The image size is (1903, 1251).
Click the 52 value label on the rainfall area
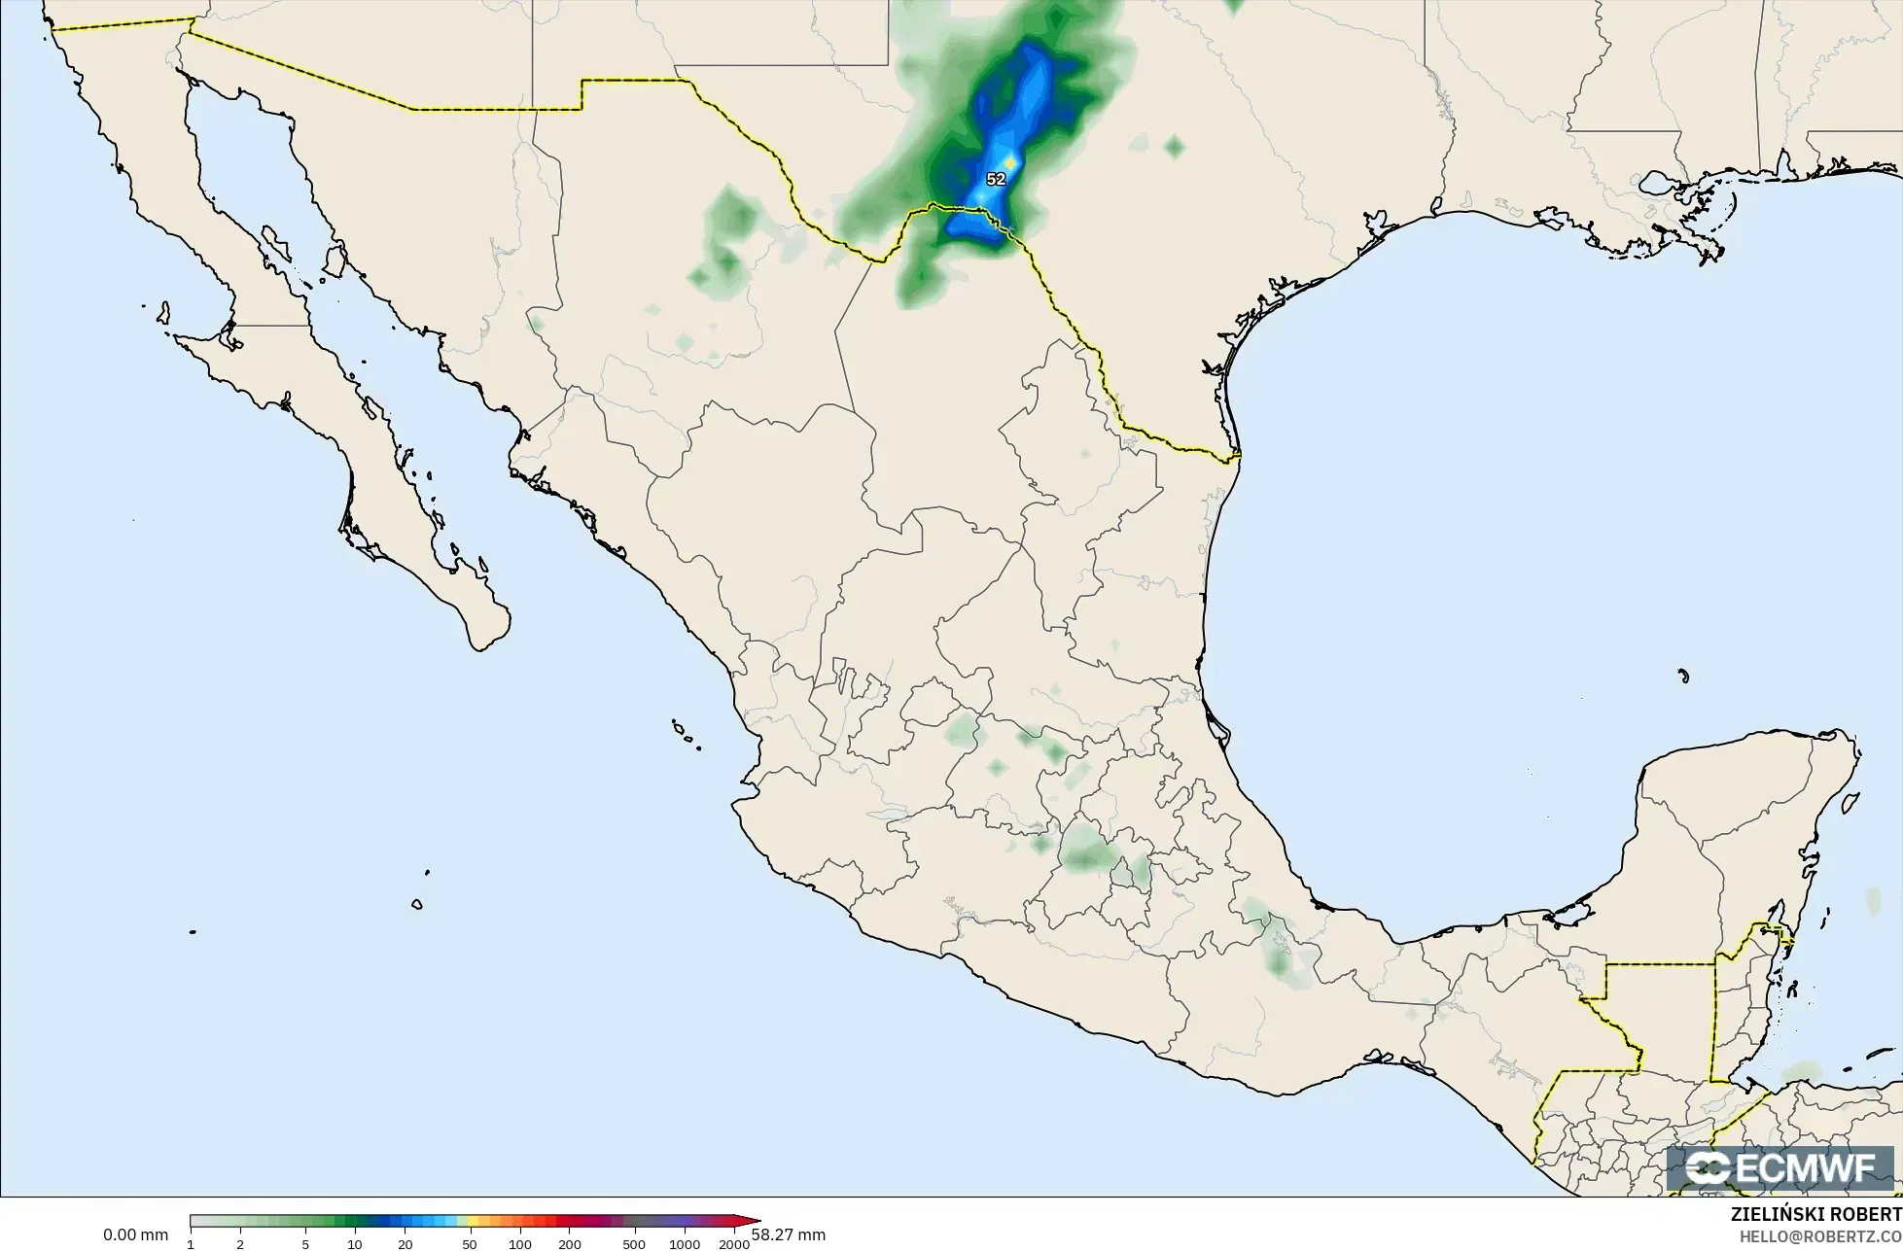tap(996, 180)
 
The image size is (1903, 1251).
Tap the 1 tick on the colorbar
tap(191, 1244)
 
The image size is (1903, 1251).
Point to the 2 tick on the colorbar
tap(240, 1244)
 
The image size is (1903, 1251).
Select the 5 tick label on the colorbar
tap(305, 1244)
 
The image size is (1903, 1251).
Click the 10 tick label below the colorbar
tap(355, 1244)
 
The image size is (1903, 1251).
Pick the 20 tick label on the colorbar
tap(405, 1244)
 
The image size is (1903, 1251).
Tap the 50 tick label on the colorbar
tap(471, 1244)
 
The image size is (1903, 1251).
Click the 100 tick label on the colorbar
tap(520, 1244)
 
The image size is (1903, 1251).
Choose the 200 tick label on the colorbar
tap(570, 1244)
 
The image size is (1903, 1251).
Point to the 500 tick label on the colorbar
tap(635, 1244)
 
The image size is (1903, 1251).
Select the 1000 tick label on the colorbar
tap(685, 1244)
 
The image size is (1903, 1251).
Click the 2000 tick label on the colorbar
tap(734, 1244)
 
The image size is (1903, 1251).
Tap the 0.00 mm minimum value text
tap(136, 1234)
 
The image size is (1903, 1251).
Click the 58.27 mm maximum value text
tap(789, 1234)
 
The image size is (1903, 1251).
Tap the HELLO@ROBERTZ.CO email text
tap(1820, 1235)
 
